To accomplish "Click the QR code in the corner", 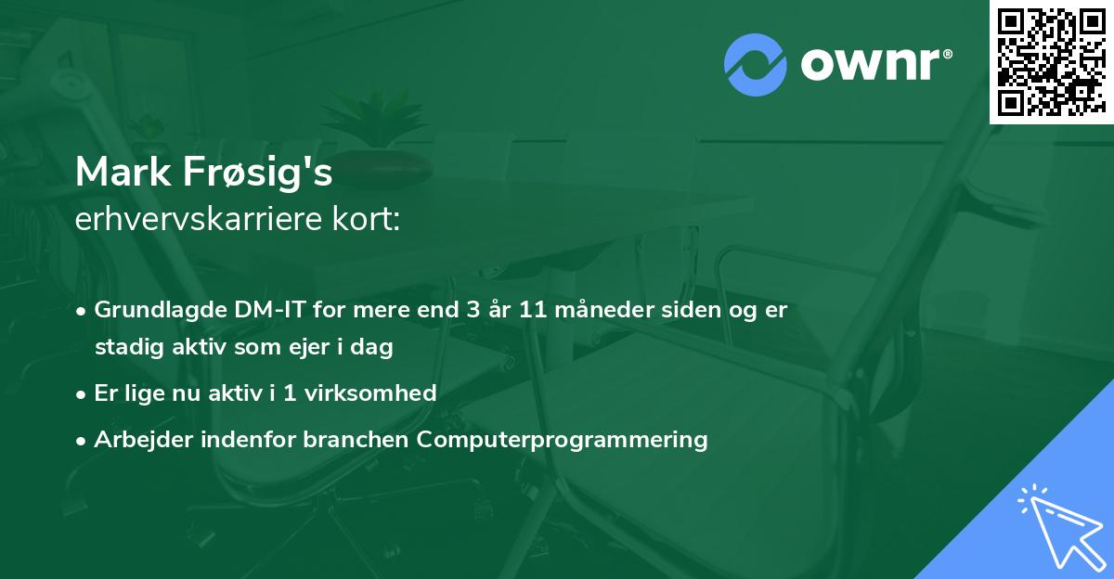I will [x=1052, y=61].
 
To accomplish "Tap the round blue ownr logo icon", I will [x=755, y=64].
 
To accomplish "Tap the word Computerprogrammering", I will [x=563, y=439].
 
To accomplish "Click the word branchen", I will [x=356, y=439].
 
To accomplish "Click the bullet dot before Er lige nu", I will [x=84, y=393].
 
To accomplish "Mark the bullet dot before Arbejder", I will [x=84, y=440].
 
